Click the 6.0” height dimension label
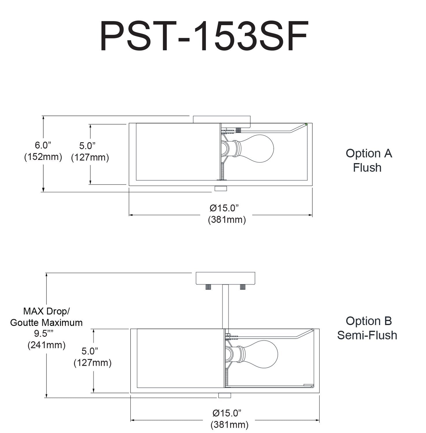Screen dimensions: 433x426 pos(43,145)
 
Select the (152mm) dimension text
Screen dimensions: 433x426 pos(43,157)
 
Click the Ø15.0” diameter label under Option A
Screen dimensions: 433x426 pos(225,208)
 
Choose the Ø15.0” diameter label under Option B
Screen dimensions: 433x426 pos(227,413)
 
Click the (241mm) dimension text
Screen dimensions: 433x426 pos(47,345)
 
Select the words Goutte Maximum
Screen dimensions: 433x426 pos(47,322)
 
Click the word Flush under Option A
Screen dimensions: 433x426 pos(367,167)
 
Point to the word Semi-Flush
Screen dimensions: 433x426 pos(367,335)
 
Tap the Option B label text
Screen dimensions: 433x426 pos(368,321)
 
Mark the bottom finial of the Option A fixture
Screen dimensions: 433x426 pos(221,189)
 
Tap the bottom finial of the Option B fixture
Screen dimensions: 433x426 pos(225,395)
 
